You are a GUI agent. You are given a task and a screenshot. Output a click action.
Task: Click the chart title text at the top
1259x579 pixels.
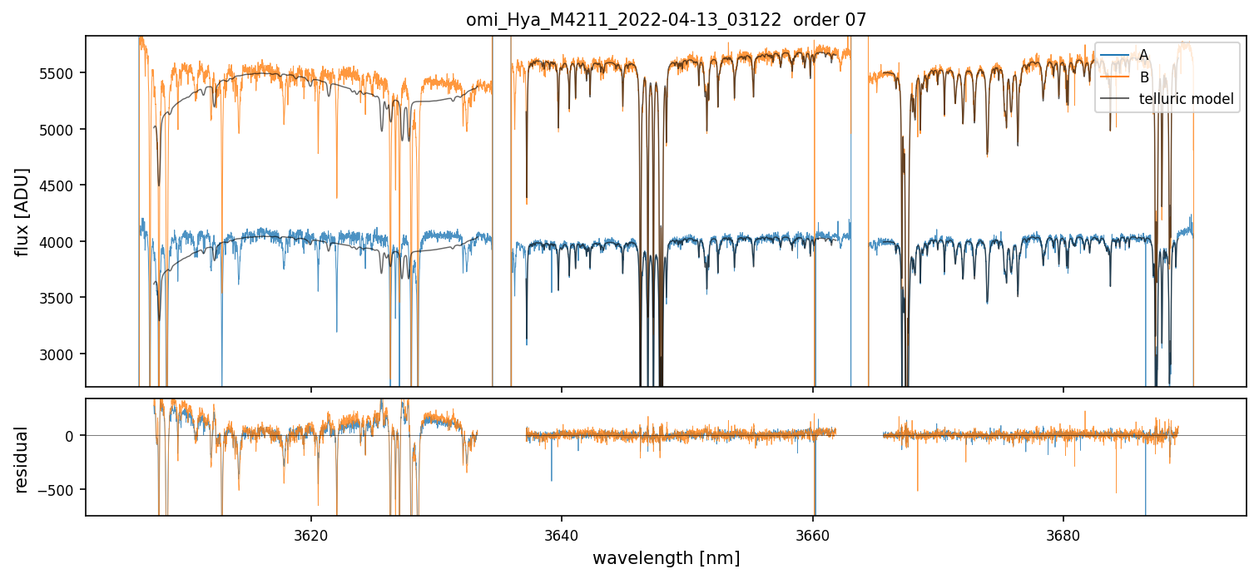coord(666,20)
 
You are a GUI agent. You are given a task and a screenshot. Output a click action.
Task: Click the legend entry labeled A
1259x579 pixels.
coord(1143,55)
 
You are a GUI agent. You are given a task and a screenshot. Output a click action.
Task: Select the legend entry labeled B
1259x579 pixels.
coord(1143,77)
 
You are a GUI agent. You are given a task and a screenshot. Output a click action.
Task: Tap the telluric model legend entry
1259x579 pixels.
coord(1186,100)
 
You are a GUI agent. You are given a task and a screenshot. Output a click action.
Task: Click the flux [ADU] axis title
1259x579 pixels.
coord(22,211)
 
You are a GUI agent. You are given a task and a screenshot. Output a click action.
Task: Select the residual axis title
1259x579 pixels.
coord(22,459)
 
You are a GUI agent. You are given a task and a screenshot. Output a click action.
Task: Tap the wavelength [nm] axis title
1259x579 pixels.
coord(666,557)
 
